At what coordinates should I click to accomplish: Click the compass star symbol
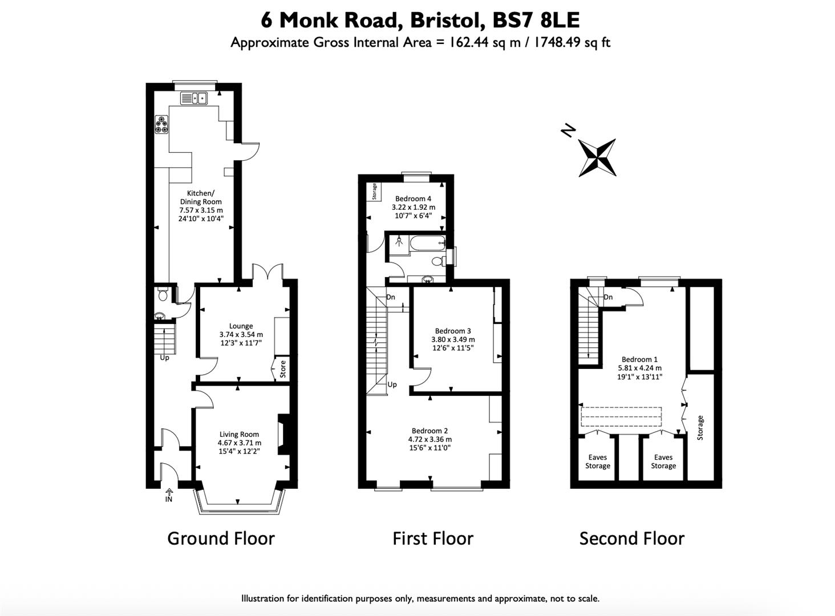[x=597, y=157]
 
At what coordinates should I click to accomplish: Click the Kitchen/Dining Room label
[x=201, y=197]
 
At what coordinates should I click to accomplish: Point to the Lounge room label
[x=241, y=326]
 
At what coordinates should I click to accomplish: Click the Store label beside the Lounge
[x=282, y=369]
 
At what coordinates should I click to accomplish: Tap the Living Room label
[x=239, y=434]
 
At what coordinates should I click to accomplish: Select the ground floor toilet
[x=163, y=294]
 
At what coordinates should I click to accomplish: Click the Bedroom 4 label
[x=413, y=198]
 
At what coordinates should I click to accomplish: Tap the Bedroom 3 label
[x=453, y=331]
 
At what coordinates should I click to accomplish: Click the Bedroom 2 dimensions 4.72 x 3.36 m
[x=429, y=440]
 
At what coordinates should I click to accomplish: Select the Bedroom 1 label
[x=639, y=359]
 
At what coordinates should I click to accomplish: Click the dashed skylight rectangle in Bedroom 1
[x=621, y=416]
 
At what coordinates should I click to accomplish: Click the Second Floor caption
[x=631, y=538]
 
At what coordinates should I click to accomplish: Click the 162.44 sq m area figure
[x=484, y=42]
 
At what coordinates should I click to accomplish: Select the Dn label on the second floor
[x=608, y=297]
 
